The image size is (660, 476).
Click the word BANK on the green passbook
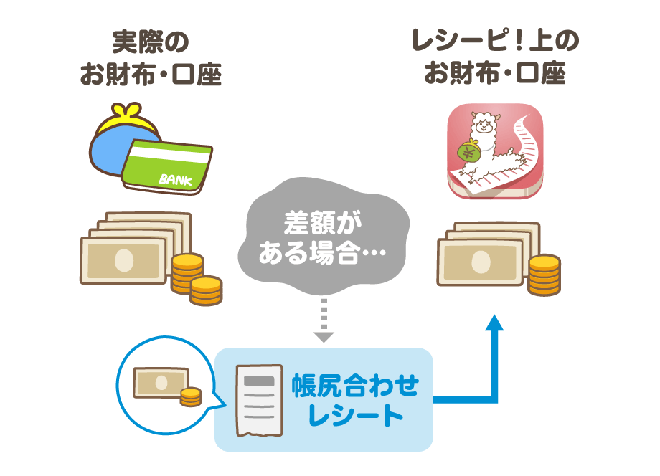tap(171, 178)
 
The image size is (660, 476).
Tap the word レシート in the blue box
tap(355, 415)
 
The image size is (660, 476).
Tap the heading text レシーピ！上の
tap(495, 42)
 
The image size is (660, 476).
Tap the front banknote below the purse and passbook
tap(123, 262)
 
